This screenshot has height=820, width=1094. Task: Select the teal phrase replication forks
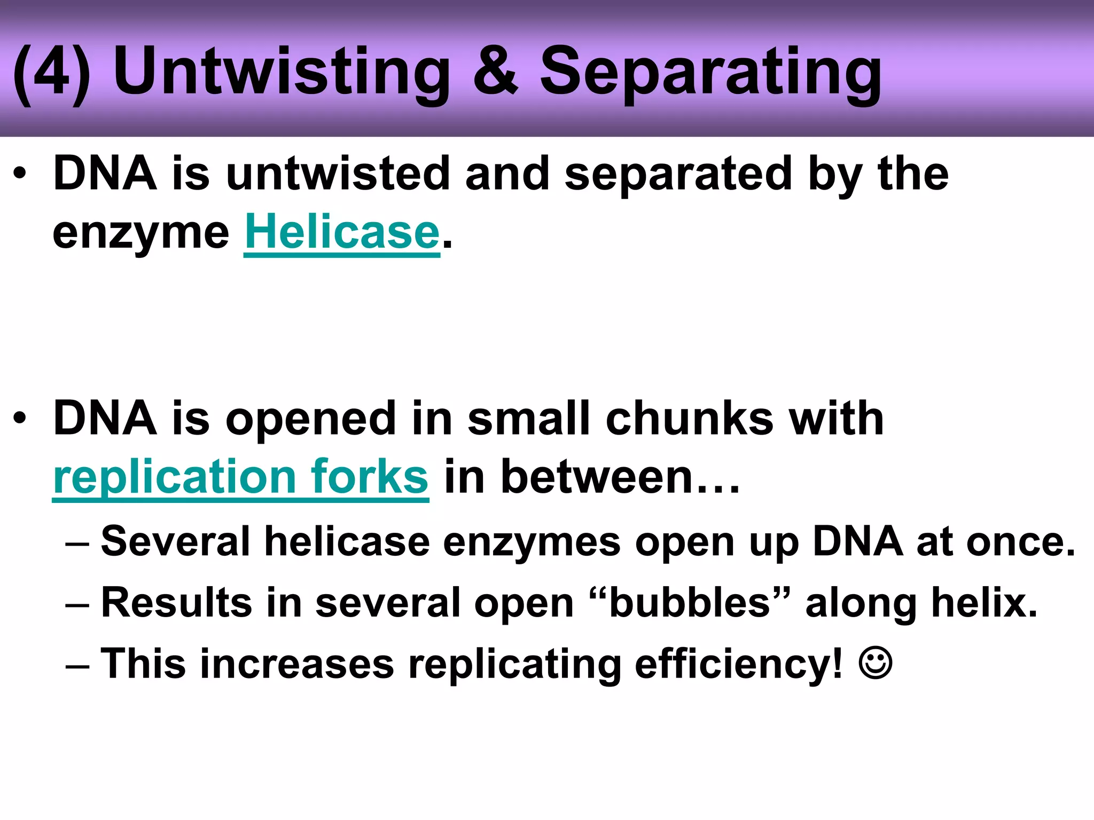tap(240, 477)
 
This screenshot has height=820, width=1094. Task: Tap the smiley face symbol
tap(875, 664)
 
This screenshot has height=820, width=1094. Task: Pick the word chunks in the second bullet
tap(689, 419)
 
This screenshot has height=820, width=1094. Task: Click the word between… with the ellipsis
tap(620, 477)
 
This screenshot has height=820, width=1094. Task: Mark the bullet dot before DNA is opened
tap(20, 419)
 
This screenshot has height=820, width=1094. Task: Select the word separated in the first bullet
tap(678, 174)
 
